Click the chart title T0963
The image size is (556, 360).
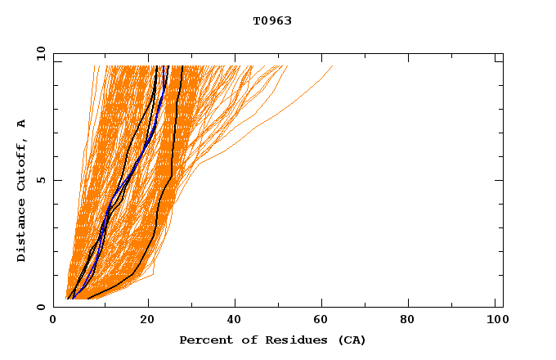[x=272, y=21]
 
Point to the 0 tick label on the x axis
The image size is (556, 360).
[x=53, y=321]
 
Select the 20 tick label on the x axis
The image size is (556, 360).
[x=147, y=321]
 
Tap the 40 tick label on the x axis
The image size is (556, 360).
[x=235, y=321]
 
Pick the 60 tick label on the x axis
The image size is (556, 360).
[x=324, y=321]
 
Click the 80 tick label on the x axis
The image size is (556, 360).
[x=412, y=321]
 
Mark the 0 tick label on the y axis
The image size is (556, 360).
[x=40, y=307]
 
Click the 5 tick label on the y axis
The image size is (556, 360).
[x=40, y=180]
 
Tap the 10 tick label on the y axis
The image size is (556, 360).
[x=38, y=53]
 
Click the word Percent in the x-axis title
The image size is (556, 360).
[x=203, y=340]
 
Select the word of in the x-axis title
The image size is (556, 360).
[x=242, y=340]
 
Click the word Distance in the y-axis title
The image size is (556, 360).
[x=21, y=231]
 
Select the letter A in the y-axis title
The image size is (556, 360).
[x=21, y=124]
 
